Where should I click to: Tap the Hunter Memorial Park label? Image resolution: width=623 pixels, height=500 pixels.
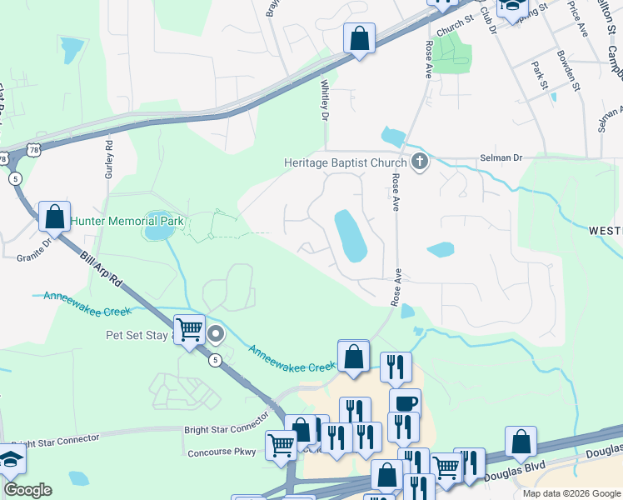tap(128, 222)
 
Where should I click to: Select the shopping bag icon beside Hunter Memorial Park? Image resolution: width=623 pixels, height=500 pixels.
tap(54, 217)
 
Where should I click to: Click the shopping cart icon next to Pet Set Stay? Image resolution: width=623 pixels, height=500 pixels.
tap(189, 329)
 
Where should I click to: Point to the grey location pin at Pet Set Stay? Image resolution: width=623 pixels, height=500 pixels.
tap(216, 335)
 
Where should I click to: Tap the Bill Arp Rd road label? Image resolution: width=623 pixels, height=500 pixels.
tap(101, 272)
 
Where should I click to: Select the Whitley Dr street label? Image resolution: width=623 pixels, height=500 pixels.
tap(325, 98)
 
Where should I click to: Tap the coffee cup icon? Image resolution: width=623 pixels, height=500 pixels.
tap(405, 403)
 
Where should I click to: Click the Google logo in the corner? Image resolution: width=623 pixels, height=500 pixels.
tap(27, 490)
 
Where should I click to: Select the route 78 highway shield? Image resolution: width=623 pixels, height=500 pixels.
tap(32, 149)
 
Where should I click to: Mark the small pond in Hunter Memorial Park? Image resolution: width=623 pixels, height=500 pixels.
tap(157, 232)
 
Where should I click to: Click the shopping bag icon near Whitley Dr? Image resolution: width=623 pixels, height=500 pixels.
tap(359, 38)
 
